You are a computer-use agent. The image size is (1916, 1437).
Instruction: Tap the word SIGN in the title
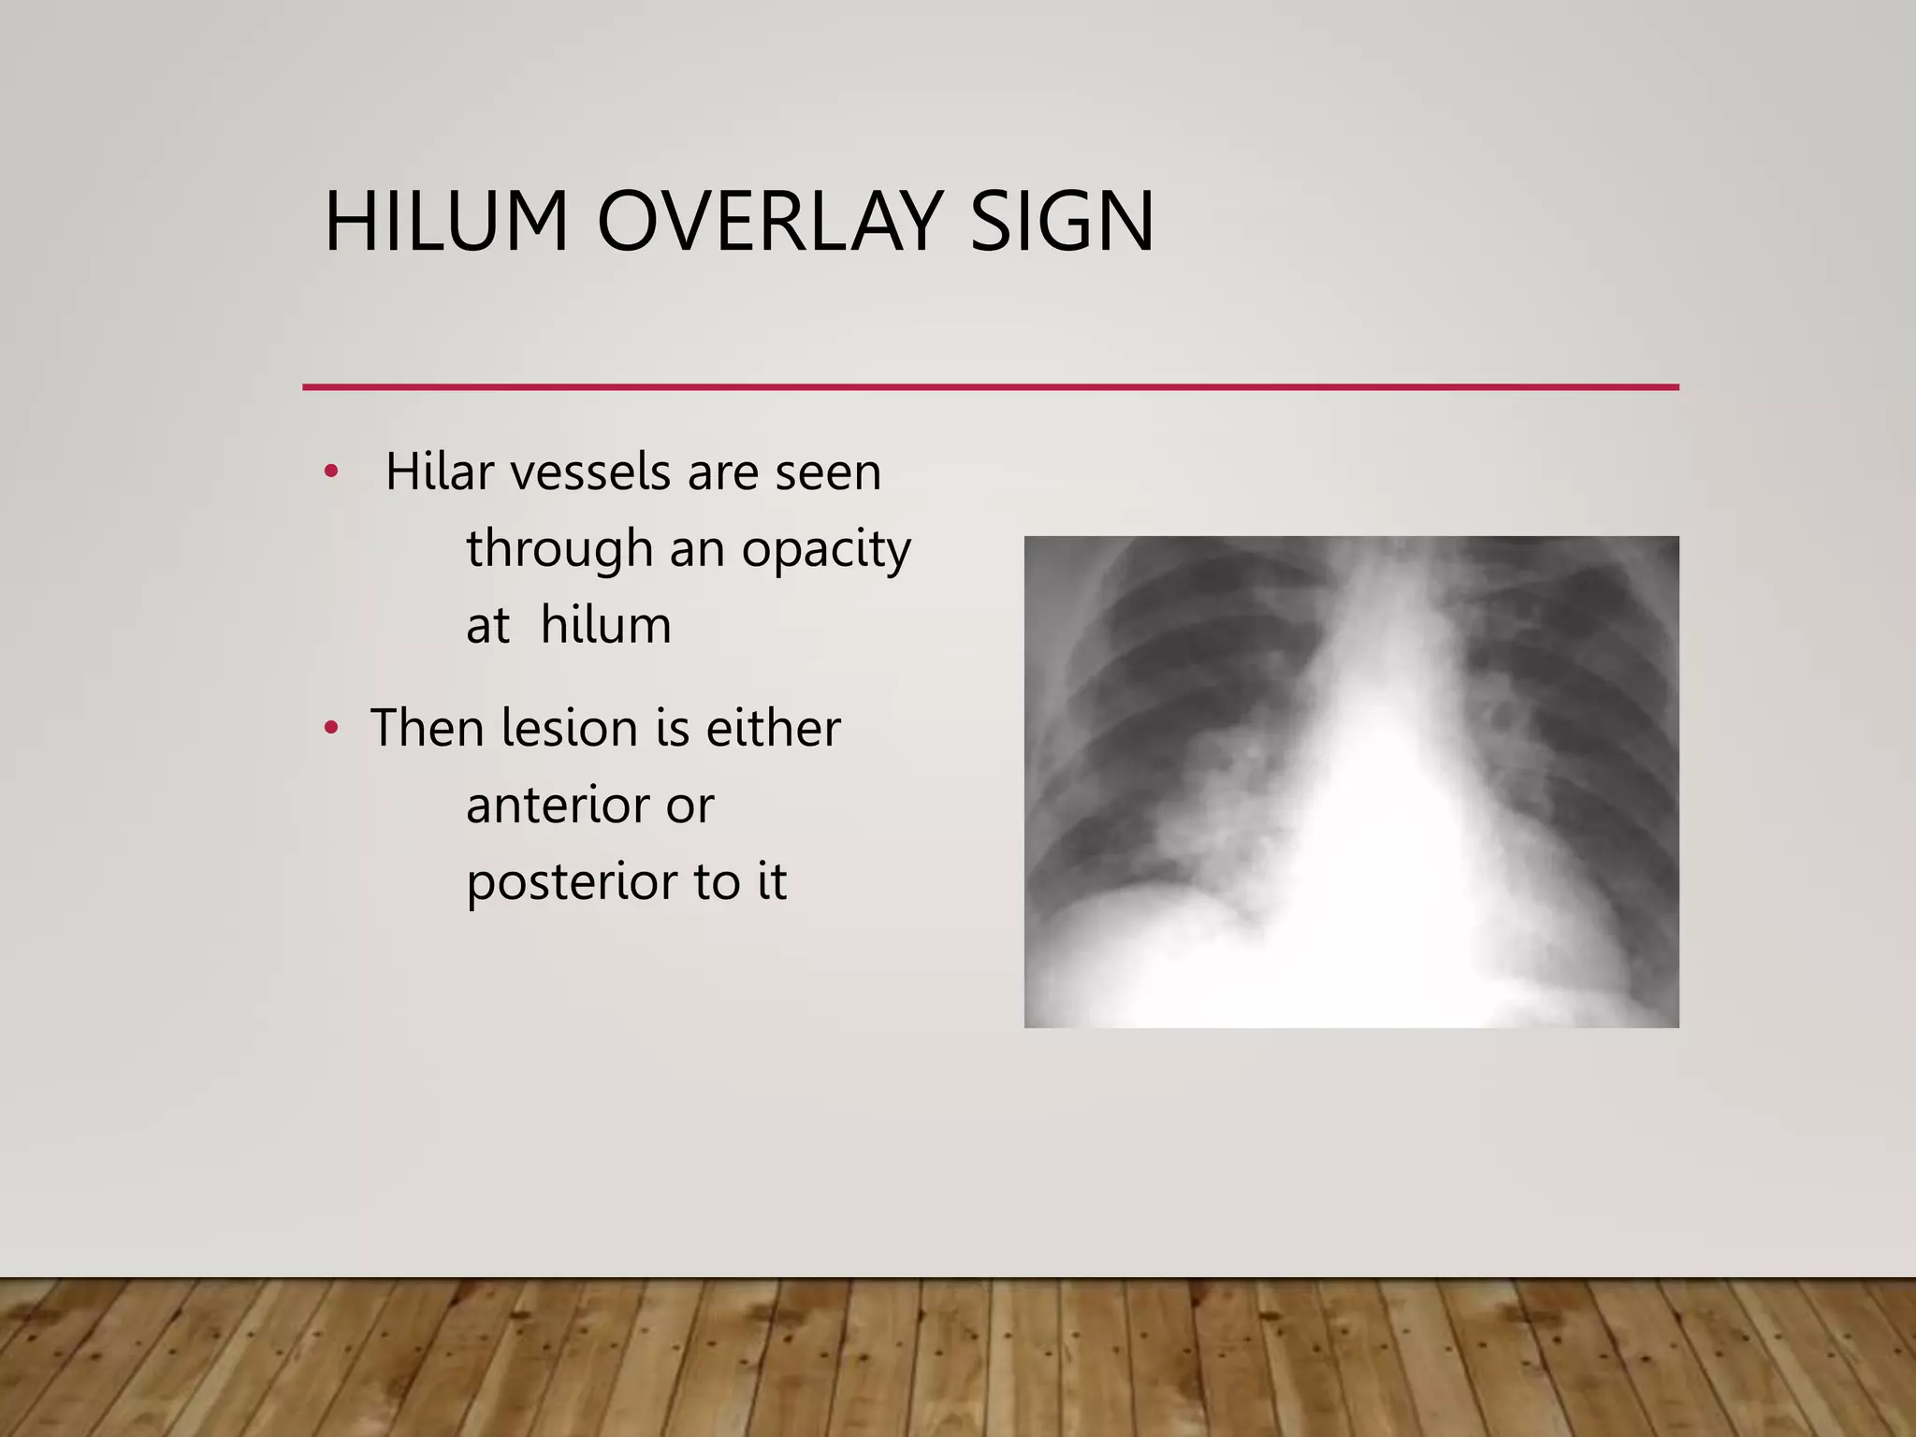click(1062, 223)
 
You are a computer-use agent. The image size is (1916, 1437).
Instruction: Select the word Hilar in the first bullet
click(440, 472)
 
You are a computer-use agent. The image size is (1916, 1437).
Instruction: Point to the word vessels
click(591, 472)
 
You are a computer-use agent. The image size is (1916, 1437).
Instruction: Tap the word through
click(559, 548)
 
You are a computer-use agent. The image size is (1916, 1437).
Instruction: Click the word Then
click(427, 728)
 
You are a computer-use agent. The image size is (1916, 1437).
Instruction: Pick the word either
click(773, 728)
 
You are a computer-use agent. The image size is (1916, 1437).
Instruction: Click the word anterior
click(557, 805)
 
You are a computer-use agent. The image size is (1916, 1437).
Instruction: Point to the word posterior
click(571, 883)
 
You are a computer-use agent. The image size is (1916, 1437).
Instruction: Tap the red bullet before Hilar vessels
click(330, 472)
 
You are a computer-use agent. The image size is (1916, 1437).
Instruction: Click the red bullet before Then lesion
click(330, 728)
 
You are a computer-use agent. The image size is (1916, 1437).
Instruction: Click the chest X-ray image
click(1351, 782)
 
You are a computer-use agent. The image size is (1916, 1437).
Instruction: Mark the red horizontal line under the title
click(990, 386)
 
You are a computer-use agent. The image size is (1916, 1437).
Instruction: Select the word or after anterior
click(690, 806)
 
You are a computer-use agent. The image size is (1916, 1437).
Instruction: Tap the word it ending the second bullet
click(772, 881)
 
